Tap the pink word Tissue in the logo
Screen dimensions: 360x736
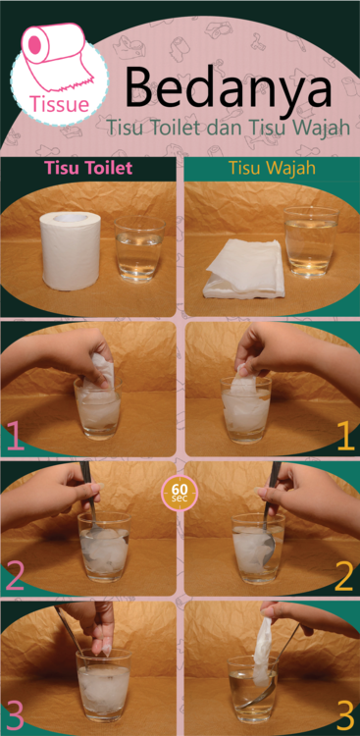[x=60, y=104]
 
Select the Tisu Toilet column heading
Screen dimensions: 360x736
[x=88, y=168]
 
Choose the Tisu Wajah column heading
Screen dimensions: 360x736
[x=273, y=169]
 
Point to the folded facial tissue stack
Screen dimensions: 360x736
[x=245, y=269]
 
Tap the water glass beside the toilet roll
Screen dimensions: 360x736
[x=139, y=251]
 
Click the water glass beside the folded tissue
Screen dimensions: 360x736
[x=311, y=242]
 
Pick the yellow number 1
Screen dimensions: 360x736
[x=345, y=437]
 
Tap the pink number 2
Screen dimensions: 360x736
[x=14, y=575]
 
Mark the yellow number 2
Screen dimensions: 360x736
[x=344, y=576]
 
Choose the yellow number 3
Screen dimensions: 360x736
[x=345, y=715]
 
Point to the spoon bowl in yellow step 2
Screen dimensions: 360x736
[x=268, y=551]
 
